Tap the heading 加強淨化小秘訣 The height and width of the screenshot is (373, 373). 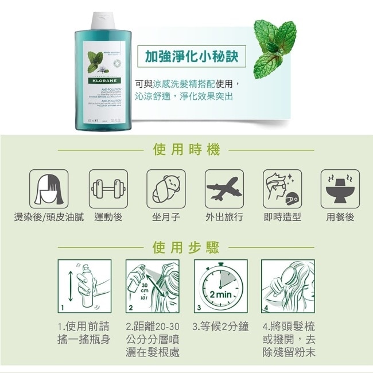tap(191, 57)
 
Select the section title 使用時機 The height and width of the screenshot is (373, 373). tap(187, 150)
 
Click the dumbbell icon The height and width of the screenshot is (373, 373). tap(108, 188)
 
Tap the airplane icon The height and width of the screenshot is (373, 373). tap(224, 188)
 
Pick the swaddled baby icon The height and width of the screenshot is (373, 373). tap(166, 188)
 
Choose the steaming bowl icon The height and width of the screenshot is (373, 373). tap(340, 188)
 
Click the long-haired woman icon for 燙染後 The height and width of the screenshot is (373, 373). tap(50, 188)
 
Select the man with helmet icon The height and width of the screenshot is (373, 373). tap(282, 188)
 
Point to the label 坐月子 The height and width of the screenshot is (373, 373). tap(166, 217)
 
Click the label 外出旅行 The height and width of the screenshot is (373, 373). tap(224, 217)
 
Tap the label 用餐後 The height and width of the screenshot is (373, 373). tap(340, 217)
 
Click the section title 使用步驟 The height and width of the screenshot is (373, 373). tap(187, 248)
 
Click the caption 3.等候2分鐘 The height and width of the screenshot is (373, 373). tap(221, 327)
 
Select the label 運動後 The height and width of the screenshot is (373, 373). tap(108, 217)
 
